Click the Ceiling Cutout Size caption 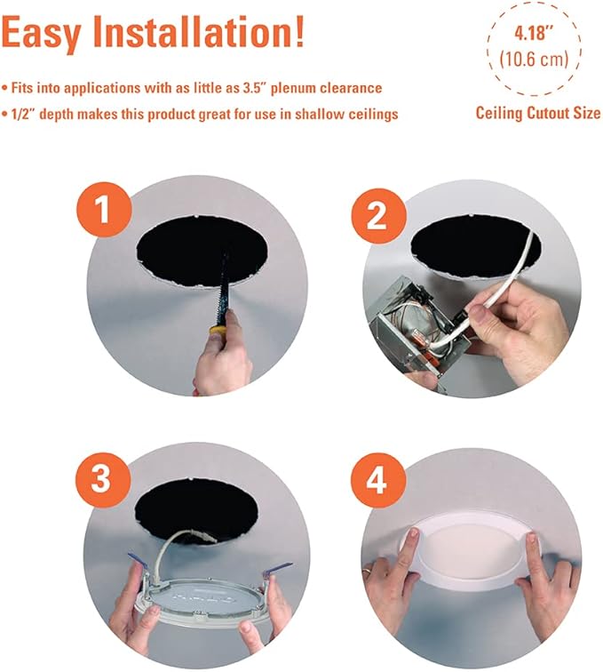point(537,113)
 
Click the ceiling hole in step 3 point(200,510)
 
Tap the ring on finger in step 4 point(369,565)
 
